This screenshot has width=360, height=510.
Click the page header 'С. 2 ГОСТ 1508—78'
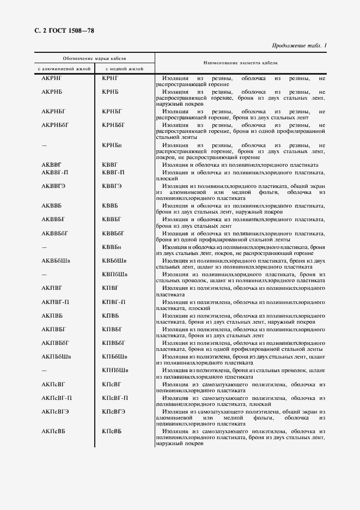tap(60, 31)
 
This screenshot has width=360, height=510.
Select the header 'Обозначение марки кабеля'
tap(94, 58)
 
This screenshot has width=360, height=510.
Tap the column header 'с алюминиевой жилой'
tap(63, 69)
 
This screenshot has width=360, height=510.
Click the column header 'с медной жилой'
tap(124, 69)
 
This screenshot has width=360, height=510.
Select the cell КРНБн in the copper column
tap(112, 145)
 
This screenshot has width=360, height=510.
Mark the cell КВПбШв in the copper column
tap(115, 274)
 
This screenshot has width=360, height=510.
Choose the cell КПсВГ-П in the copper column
tap(115, 398)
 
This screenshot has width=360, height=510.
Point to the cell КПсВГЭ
tap(113, 411)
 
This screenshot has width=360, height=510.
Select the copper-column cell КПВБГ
tap(112, 329)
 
